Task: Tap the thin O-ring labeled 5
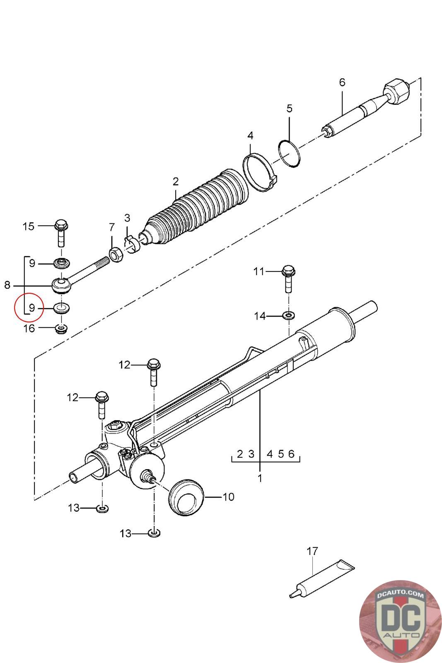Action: [290, 154]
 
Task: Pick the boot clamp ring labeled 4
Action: [260, 172]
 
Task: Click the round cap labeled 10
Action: [186, 497]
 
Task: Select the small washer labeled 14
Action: [288, 316]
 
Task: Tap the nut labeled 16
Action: [62, 329]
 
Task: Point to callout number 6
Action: [342, 82]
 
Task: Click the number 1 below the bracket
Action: [260, 478]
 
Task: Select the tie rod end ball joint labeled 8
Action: [62, 285]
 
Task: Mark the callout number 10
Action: [228, 496]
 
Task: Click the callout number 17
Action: [312, 551]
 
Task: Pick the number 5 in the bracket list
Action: [281, 454]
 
